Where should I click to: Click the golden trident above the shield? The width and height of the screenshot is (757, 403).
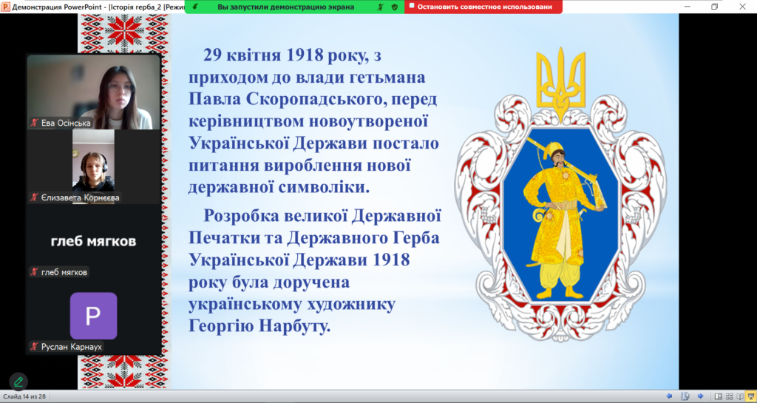[x=560, y=82]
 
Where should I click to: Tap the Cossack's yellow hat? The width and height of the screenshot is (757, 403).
[x=552, y=148]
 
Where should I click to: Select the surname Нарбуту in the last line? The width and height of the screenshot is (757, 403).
[x=294, y=326]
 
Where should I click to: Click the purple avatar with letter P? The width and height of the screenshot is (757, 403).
[x=93, y=316]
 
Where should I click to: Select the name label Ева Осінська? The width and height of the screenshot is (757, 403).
[x=66, y=123]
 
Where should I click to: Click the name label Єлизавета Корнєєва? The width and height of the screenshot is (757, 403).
[x=80, y=197]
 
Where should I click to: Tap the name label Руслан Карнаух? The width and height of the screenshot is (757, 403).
[x=72, y=347]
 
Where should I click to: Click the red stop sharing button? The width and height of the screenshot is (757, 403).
[x=483, y=7]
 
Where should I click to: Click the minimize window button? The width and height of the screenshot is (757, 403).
[x=688, y=6]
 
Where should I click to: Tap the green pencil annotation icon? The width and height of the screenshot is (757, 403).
[x=18, y=382]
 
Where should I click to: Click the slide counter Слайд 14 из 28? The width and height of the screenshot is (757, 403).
[x=24, y=397]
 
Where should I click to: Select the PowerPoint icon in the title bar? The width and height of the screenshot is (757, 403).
[x=5, y=7]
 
